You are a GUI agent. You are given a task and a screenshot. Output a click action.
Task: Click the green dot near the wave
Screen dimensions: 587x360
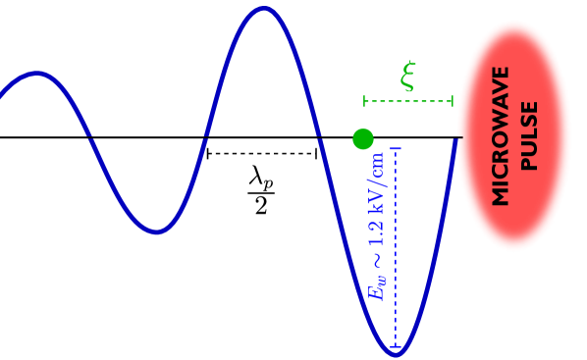pos(363,139)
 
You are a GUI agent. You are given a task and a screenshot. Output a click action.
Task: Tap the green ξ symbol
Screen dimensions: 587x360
pos(408,76)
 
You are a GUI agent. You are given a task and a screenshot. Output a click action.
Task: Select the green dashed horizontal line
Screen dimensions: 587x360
pos(408,101)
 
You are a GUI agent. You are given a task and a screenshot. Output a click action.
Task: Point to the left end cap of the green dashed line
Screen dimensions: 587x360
pos(365,101)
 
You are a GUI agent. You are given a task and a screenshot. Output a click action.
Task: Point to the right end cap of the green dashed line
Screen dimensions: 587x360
pos(453,101)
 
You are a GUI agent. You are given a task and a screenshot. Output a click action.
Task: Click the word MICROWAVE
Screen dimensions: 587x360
pos(501,135)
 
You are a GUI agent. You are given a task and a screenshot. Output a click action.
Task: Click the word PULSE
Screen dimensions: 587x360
pos(529,135)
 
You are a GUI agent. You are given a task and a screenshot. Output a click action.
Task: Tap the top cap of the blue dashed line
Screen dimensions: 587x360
pos(396,149)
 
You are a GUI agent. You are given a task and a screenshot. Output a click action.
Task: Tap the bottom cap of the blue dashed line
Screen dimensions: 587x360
pos(396,347)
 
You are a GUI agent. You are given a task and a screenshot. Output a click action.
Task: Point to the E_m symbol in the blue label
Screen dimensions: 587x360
pos(378,288)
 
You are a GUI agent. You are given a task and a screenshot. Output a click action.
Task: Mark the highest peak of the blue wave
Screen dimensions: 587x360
pos(264,9)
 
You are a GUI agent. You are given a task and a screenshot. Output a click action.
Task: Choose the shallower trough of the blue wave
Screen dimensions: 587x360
pos(157,232)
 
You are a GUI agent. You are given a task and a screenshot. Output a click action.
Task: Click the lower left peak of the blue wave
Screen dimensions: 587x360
pos(37,73)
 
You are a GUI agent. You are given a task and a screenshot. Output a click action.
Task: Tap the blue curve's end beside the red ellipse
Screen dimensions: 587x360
pos(456,140)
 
